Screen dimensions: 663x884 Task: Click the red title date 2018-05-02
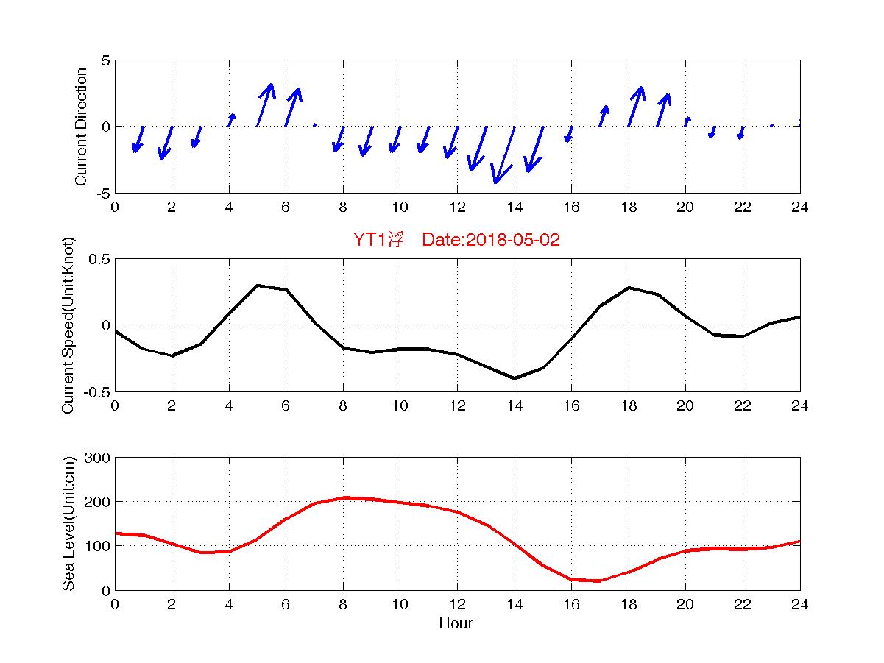pos(501,240)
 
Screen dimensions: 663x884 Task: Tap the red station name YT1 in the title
pos(370,240)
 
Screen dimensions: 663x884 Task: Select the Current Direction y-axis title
pos(81,127)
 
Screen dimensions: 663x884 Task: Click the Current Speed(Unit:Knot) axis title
pos(68,325)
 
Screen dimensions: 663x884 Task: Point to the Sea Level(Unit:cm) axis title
pos(68,524)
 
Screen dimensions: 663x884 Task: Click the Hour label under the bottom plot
pos(456,623)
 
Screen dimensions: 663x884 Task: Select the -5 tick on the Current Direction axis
pos(102,193)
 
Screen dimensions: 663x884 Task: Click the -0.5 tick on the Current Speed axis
pos(96,391)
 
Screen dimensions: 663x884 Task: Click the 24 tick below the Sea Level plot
pos(799,605)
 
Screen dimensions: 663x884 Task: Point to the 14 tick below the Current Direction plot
pos(514,208)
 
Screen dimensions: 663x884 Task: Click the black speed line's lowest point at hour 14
pos(515,378)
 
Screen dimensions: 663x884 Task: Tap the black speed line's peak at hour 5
pos(258,285)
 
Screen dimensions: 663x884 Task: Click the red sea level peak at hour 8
pos(343,497)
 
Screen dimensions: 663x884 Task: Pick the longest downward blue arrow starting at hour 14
pos(503,155)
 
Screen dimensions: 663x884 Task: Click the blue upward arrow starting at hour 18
pos(635,106)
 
